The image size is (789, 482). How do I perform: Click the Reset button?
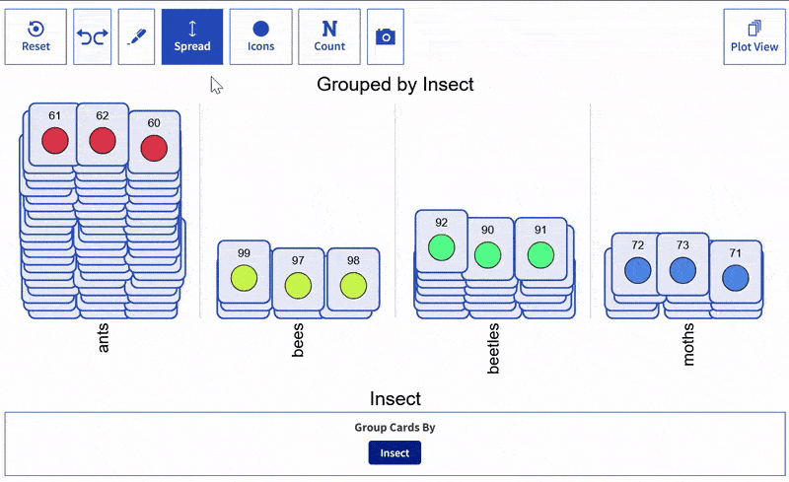click(36, 36)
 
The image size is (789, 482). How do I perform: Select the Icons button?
click(260, 36)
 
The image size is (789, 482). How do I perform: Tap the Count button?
click(329, 36)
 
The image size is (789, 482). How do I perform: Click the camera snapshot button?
click(386, 36)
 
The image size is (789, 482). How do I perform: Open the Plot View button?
click(753, 36)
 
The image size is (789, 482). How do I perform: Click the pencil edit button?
click(137, 36)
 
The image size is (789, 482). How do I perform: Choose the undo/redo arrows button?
click(93, 36)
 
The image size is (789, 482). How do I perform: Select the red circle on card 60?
click(154, 148)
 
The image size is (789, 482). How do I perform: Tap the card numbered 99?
click(244, 269)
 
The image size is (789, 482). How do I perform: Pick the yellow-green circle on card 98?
click(353, 285)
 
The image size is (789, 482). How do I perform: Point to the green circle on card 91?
click(540, 254)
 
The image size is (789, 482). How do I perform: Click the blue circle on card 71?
click(735, 278)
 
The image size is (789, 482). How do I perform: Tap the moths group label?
click(689, 345)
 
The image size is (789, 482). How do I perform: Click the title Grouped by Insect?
click(394, 85)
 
